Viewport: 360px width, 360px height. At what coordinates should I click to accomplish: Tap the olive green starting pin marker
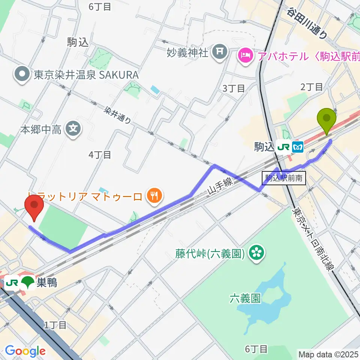[327, 120]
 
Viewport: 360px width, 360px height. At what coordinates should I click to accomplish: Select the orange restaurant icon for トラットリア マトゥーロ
[153, 195]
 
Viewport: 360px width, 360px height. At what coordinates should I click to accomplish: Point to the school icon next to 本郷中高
[72, 130]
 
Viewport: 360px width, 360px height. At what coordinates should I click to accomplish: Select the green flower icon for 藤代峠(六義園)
[257, 254]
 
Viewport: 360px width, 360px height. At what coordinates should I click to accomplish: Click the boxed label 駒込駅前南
[284, 178]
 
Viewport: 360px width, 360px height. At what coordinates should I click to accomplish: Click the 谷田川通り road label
[307, 23]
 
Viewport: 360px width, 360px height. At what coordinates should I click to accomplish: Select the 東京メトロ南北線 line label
[313, 240]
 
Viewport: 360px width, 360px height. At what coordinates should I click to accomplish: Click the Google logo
[25, 351]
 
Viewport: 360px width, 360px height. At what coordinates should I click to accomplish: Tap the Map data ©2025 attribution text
[328, 354]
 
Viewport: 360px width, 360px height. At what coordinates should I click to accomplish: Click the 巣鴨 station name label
[47, 282]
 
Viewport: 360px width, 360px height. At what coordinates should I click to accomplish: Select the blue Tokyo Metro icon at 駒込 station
[298, 147]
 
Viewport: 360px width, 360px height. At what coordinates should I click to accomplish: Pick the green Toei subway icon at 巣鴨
[27, 282]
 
